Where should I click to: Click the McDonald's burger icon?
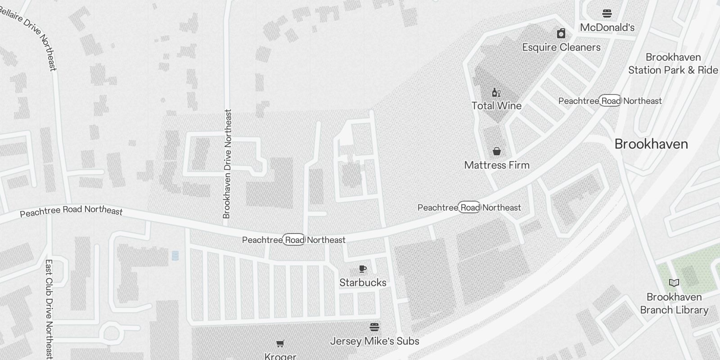(607, 13)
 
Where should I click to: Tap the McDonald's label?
(607, 27)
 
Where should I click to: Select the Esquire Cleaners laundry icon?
(561, 34)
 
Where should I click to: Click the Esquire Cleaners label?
(561, 47)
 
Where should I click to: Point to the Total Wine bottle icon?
(496, 93)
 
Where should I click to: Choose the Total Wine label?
(496, 106)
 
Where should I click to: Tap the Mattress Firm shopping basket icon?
(497, 151)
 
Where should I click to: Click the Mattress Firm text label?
(497, 165)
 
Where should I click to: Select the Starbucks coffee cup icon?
(363, 269)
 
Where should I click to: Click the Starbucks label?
(363, 283)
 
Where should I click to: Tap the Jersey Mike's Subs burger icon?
(374, 327)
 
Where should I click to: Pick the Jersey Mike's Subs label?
(374, 341)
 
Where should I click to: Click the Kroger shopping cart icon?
(280, 344)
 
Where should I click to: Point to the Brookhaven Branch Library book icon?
(674, 283)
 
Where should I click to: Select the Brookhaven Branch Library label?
(674, 303)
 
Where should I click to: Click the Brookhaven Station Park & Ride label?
(673, 63)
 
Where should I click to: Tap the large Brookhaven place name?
(651, 144)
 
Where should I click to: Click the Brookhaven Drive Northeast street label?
(227, 164)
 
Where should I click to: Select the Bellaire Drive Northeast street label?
(28, 36)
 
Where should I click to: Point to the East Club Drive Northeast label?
(49, 309)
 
